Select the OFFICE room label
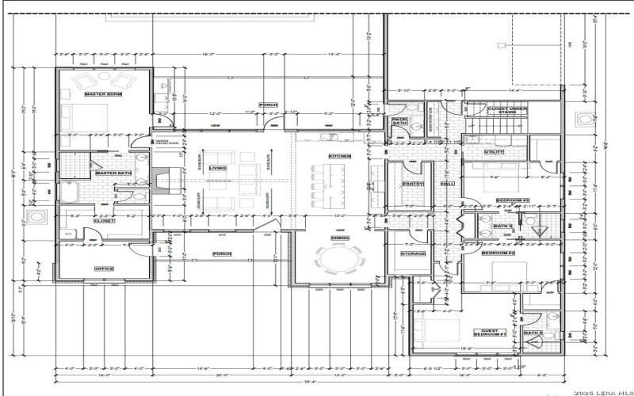coord(105,268)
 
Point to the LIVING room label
coord(217,168)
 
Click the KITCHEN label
coord(339,156)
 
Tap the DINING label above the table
coord(339,238)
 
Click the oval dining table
coord(339,260)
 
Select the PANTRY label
coord(412,183)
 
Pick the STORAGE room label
coord(413,253)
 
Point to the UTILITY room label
coord(495,151)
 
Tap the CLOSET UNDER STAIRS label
coord(507,110)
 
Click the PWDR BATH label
coord(399,122)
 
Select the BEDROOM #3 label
coord(511,200)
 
